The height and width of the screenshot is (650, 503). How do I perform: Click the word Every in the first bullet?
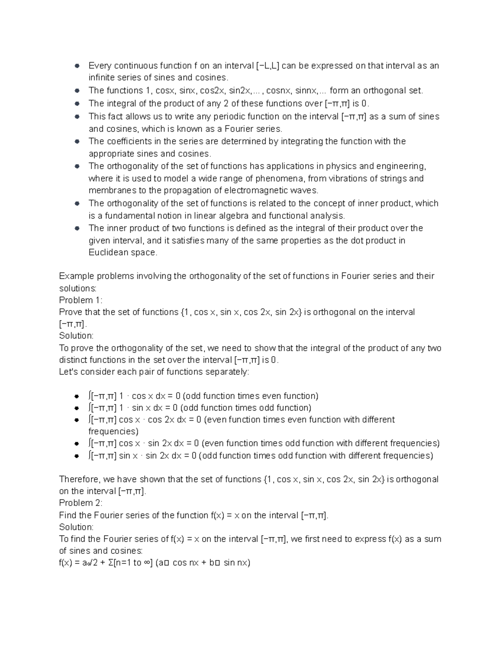(100, 66)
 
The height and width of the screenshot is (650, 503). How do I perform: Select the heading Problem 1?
(80, 300)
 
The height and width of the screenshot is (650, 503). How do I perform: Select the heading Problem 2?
(80, 503)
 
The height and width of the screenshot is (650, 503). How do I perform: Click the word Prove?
(70, 312)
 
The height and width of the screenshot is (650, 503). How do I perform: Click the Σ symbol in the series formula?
(110, 563)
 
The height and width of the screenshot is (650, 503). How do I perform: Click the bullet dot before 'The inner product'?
(77, 229)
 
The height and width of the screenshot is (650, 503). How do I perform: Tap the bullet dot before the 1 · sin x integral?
(77, 408)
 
